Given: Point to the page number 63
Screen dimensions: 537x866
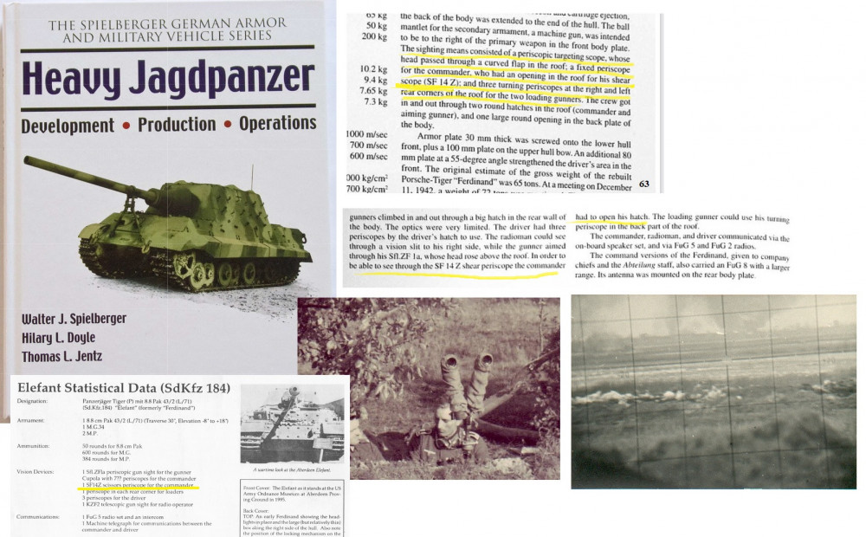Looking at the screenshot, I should click(x=643, y=184).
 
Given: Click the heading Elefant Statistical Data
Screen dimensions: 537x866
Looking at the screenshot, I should click(x=121, y=387).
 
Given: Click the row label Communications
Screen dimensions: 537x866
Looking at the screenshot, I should click(x=41, y=516).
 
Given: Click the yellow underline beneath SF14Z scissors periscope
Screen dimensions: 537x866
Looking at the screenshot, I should click(x=139, y=488).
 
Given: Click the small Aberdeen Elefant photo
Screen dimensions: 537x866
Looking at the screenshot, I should click(x=289, y=425).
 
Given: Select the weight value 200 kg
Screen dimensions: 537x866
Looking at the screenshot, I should click(x=374, y=36).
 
